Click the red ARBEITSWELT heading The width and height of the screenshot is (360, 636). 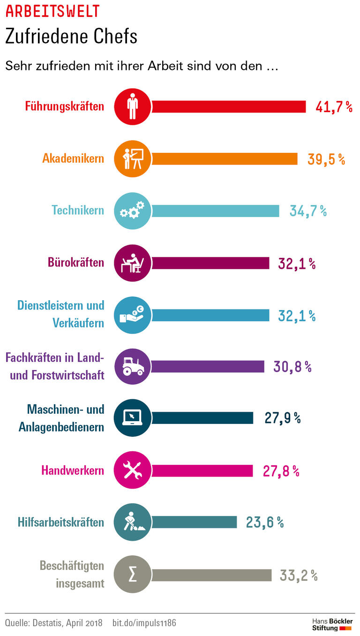[52, 11]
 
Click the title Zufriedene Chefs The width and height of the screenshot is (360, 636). [71, 37]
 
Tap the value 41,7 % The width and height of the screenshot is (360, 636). [334, 107]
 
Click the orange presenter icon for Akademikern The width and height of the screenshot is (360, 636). [133, 159]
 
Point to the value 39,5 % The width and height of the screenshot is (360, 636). [326, 159]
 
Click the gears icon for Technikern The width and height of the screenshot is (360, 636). [133, 211]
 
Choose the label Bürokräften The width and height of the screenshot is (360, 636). [76, 262]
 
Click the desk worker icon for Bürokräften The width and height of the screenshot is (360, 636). [133, 263]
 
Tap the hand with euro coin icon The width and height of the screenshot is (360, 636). [133, 315]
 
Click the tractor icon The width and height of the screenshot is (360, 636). [133, 366]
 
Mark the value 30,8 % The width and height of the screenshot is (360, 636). [292, 367]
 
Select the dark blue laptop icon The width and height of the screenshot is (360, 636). [133, 418]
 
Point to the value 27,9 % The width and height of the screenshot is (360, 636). [283, 418]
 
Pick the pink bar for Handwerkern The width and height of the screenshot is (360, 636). [202, 470]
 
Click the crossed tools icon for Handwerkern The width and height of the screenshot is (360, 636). [133, 470]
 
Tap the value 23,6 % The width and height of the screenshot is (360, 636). [265, 522]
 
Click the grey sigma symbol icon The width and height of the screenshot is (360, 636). [133, 575]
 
